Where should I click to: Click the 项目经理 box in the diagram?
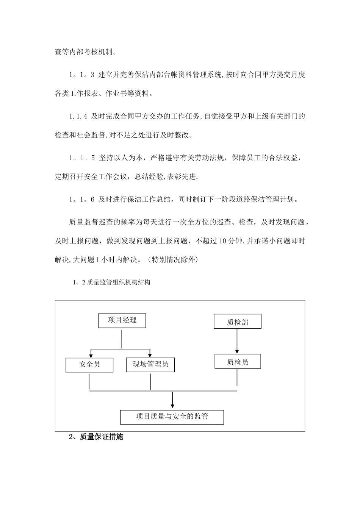point(122,320)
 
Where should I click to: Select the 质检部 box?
point(238,322)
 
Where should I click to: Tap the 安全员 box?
point(89,365)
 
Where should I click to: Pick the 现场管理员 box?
point(150,365)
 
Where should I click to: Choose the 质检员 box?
point(238,362)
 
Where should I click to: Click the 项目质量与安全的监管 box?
point(172,417)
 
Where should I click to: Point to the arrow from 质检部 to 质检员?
point(237,341)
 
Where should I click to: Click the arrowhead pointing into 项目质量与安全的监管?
point(172,406)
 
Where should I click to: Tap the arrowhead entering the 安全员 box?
point(90,355)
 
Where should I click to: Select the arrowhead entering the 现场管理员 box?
point(150,355)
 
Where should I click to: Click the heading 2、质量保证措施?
point(96,437)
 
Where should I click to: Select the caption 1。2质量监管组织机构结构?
point(111,282)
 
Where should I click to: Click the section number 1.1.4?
point(78,117)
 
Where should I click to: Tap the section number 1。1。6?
point(81,200)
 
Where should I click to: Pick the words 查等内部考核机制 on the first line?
point(85,52)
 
